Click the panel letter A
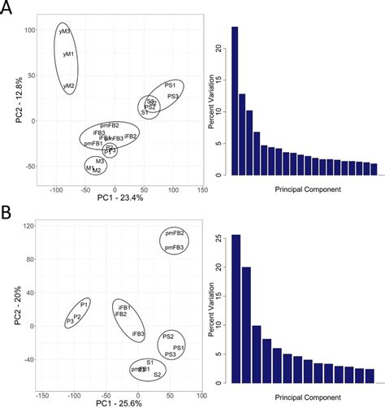point(8,11)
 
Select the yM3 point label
point(65,32)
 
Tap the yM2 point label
point(70,85)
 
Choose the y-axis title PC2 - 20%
point(7,302)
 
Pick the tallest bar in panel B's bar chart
point(236,309)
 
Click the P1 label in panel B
point(84,303)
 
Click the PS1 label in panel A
point(170,85)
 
